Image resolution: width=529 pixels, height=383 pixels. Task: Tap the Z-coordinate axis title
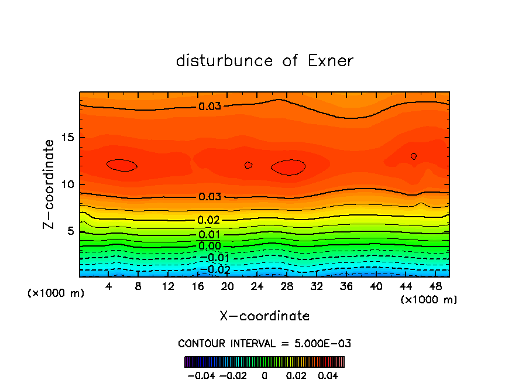click(x=49, y=184)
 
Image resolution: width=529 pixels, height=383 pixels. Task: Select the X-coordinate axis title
click(x=264, y=316)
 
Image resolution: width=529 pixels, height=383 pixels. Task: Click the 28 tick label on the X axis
click(x=287, y=286)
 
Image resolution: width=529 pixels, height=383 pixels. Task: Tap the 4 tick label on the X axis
click(x=109, y=286)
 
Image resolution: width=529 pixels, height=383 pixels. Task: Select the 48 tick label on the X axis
click(x=435, y=286)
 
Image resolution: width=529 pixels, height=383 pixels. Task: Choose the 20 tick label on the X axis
click(x=228, y=286)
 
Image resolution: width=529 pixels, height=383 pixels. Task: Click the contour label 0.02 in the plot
click(x=209, y=220)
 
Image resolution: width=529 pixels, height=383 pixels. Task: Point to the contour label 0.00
click(x=209, y=246)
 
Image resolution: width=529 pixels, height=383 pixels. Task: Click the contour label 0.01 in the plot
click(x=209, y=235)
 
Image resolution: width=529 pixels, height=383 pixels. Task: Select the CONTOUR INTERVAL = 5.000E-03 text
click(x=264, y=343)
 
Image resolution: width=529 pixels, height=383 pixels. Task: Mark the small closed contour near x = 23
click(x=248, y=165)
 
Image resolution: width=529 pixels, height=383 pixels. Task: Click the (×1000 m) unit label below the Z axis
click(x=56, y=293)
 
